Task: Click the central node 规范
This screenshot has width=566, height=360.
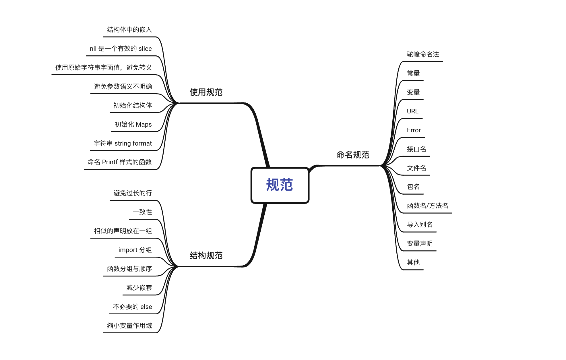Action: pos(280,185)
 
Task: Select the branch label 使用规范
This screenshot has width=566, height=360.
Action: pos(206,92)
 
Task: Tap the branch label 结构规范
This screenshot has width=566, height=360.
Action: pos(206,256)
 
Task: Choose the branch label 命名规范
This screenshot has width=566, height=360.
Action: pos(353,155)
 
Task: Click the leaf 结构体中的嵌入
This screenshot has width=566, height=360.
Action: pos(129,30)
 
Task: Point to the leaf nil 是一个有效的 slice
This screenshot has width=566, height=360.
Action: pos(121,49)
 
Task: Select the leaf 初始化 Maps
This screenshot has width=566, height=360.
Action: pos(133,124)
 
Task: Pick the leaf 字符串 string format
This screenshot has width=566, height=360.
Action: pos(123,143)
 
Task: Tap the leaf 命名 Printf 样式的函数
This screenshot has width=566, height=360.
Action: pos(119,162)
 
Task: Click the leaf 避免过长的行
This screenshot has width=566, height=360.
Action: pos(133,193)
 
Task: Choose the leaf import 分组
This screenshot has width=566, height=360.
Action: pos(135,250)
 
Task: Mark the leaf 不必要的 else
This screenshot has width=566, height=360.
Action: pos(132,307)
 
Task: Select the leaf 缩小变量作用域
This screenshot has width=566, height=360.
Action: pos(129,326)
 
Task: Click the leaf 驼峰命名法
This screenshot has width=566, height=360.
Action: pos(423,54)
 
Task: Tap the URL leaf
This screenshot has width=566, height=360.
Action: pos(412,111)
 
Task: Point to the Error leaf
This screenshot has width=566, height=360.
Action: pos(414,130)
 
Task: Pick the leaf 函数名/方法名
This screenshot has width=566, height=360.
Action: pos(427,206)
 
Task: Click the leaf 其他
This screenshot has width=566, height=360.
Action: pos(413,262)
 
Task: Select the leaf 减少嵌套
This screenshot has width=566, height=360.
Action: pos(139,288)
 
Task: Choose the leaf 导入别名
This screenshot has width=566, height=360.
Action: pos(420,224)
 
